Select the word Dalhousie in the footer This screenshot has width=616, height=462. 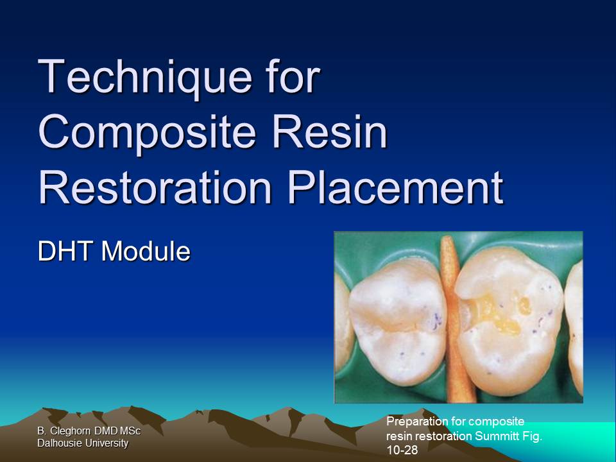(59, 443)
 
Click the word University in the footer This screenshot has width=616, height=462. (105, 443)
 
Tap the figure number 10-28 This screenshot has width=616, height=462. (402, 450)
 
